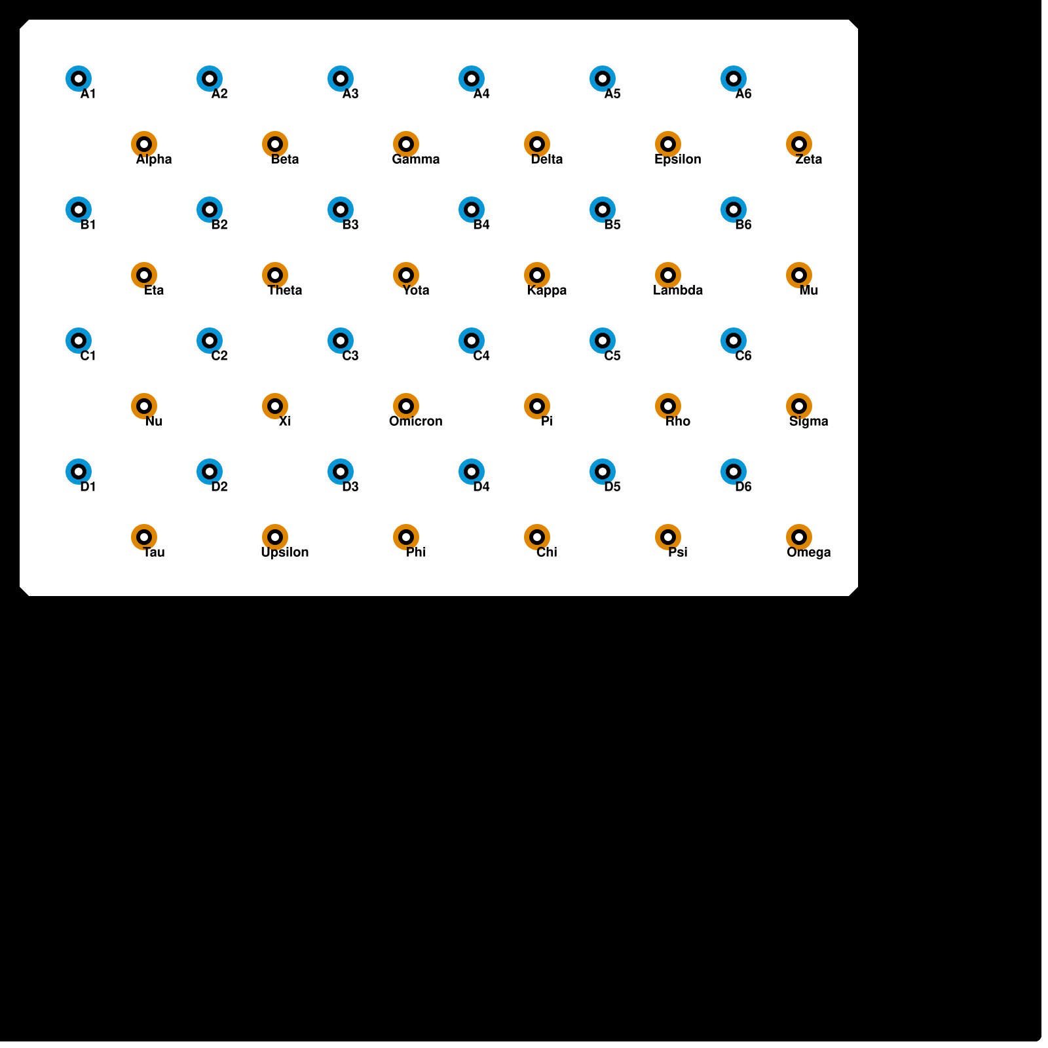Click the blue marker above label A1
coord(79,79)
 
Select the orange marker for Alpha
coord(144,144)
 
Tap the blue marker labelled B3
coord(341,210)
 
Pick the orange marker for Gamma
coord(406,144)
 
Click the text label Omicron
coord(415,421)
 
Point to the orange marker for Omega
coord(799,537)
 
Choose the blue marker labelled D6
coord(734,472)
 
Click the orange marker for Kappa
coord(537,275)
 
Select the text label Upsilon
coord(284,552)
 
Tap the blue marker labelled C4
coord(472,341)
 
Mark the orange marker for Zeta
coord(799,144)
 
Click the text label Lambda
coord(677,290)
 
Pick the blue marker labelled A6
coord(734,79)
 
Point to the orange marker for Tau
coord(144,537)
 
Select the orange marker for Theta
coord(275,275)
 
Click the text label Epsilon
coord(677,159)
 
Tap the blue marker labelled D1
coord(79,472)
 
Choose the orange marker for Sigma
coord(799,406)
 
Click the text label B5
coord(612,225)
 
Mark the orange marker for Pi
coord(537,406)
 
